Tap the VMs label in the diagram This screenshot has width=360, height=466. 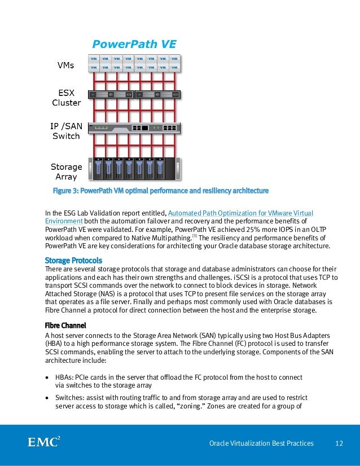click(x=66, y=65)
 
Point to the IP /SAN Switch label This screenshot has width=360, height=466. click(x=67, y=131)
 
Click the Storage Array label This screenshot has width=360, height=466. click(x=67, y=172)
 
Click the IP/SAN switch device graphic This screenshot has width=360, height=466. click(x=136, y=128)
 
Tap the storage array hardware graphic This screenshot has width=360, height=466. click(x=136, y=166)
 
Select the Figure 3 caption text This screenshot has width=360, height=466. click(x=160, y=190)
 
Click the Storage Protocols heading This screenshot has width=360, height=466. click(x=73, y=261)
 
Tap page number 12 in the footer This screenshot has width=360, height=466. click(x=339, y=443)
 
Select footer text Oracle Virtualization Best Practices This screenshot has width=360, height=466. click(x=261, y=443)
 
